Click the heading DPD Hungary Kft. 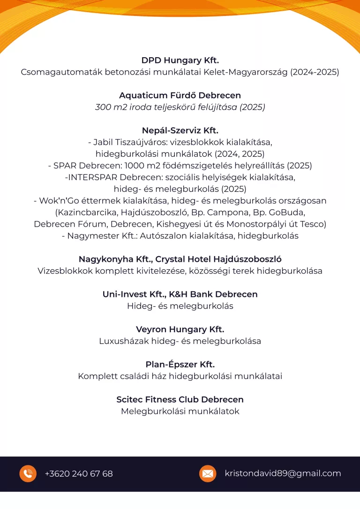click(180, 61)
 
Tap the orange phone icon click(28, 473)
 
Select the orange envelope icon click(208, 473)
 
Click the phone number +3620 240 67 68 click(79, 474)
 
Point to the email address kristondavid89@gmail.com click(283, 473)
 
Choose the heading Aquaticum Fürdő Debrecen click(180, 96)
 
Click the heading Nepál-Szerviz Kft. click(180, 130)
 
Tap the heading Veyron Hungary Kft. click(180, 329)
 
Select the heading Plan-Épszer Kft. click(180, 365)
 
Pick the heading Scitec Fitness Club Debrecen click(180, 400)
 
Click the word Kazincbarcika click(82, 213)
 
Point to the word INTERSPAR click(93, 177)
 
